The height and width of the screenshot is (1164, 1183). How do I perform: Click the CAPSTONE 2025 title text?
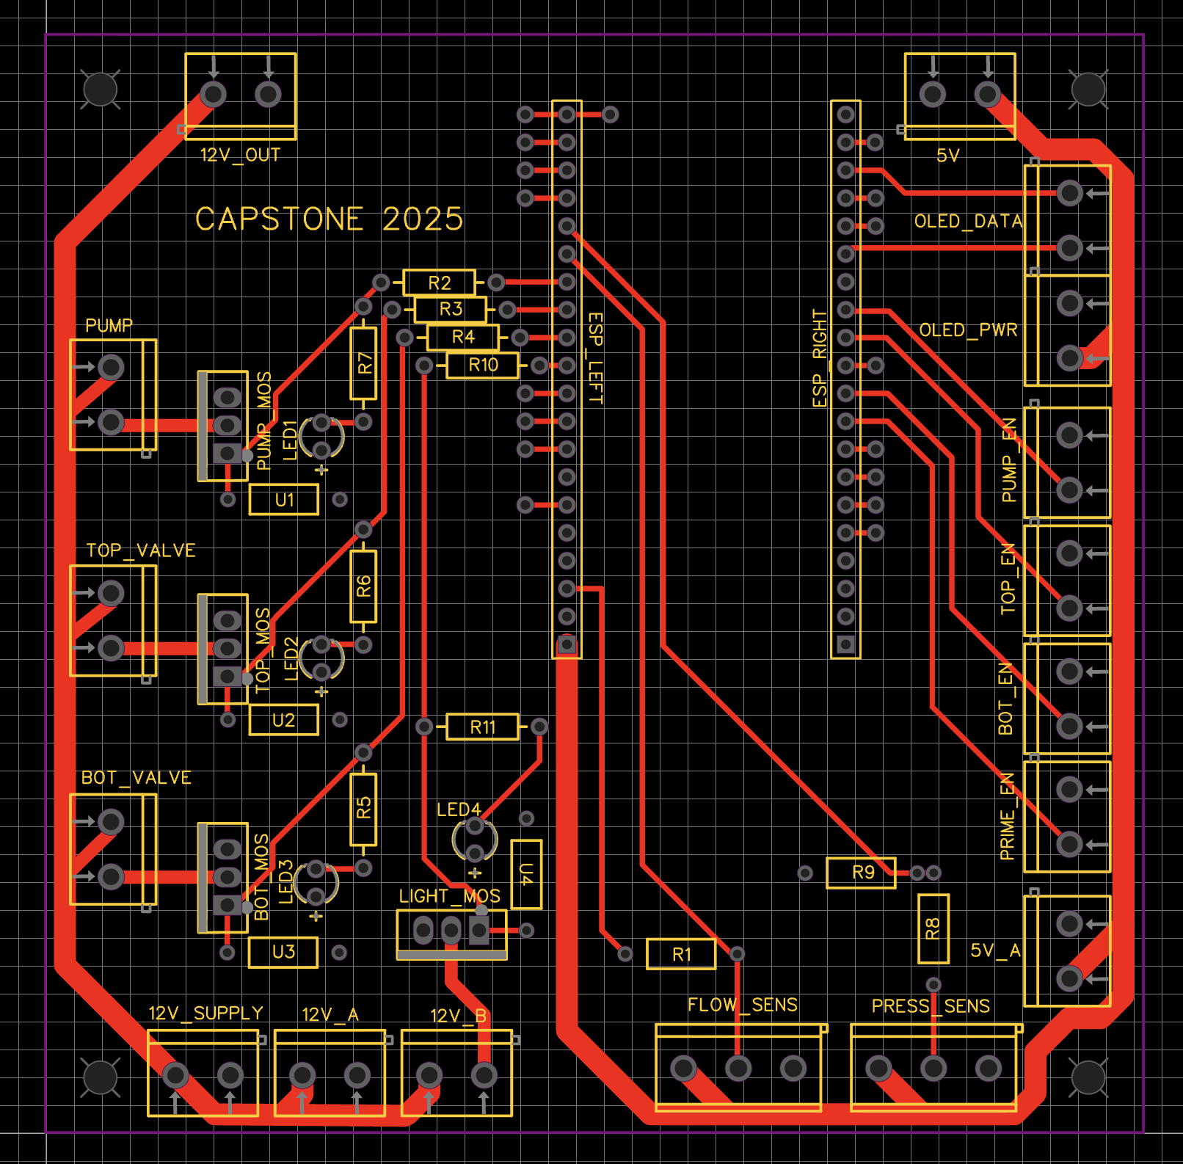tap(329, 219)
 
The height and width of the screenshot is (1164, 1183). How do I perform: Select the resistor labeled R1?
tap(681, 954)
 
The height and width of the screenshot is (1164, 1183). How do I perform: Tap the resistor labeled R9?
tap(862, 873)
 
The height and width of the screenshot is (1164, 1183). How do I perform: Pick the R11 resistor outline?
tap(482, 727)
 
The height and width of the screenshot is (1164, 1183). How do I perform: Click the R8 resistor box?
tap(933, 929)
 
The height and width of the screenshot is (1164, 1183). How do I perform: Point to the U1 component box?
tap(284, 500)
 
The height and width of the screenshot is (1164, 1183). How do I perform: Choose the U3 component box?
tap(283, 952)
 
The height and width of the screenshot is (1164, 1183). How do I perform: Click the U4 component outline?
tap(526, 874)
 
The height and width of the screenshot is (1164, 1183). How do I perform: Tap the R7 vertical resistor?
tap(364, 363)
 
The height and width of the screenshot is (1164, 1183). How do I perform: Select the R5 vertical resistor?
tap(364, 809)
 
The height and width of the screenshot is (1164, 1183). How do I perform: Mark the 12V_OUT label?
tap(240, 155)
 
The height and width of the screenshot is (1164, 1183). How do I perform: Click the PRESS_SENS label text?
tap(931, 1005)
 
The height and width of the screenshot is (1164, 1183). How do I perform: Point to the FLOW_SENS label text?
tap(743, 1005)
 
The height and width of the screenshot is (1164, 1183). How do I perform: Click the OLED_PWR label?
tap(968, 330)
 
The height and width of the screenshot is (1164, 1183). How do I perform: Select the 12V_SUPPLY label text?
tap(205, 1013)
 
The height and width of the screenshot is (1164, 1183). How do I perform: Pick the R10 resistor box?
tap(483, 365)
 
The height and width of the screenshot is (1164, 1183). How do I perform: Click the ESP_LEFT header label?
tap(596, 358)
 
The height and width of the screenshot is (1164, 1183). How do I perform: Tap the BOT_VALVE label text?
tap(136, 777)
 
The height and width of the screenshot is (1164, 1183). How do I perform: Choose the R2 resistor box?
tap(439, 283)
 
